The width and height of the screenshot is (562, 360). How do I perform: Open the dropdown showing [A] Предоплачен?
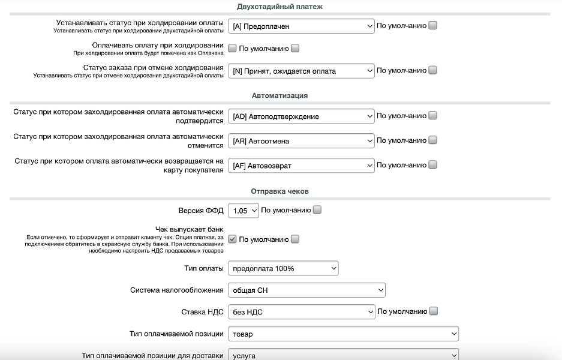coord(301,26)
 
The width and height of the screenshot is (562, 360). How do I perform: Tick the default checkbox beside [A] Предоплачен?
coord(433,26)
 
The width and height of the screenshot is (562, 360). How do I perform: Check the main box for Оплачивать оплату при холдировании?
coord(233,49)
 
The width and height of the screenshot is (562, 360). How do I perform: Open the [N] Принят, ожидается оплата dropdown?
coord(301,71)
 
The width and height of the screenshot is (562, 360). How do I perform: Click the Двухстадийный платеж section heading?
coord(280,7)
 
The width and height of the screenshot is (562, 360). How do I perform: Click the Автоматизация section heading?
coord(280,95)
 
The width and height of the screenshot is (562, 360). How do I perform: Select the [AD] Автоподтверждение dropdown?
coord(301,116)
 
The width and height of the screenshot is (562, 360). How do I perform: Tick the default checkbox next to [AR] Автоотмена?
coord(433,140)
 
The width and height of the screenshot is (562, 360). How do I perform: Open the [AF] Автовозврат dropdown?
coord(301,165)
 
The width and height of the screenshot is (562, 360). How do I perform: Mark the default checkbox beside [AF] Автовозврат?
coord(433,165)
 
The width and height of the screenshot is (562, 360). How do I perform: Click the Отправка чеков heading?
coord(280,191)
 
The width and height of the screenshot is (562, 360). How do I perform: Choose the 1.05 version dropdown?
coord(244,211)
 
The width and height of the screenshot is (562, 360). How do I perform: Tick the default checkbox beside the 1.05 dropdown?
coord(317,210)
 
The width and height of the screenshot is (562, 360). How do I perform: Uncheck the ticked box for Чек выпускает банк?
coord(233,239)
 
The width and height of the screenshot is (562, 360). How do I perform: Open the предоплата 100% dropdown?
coord(283,268)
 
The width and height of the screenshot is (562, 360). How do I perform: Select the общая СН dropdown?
coord(306,290)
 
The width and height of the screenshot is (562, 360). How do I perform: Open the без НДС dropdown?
coord(301,312)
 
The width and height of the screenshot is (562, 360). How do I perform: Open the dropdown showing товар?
coord(343,334)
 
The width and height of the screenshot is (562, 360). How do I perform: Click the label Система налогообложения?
coord(176,290)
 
